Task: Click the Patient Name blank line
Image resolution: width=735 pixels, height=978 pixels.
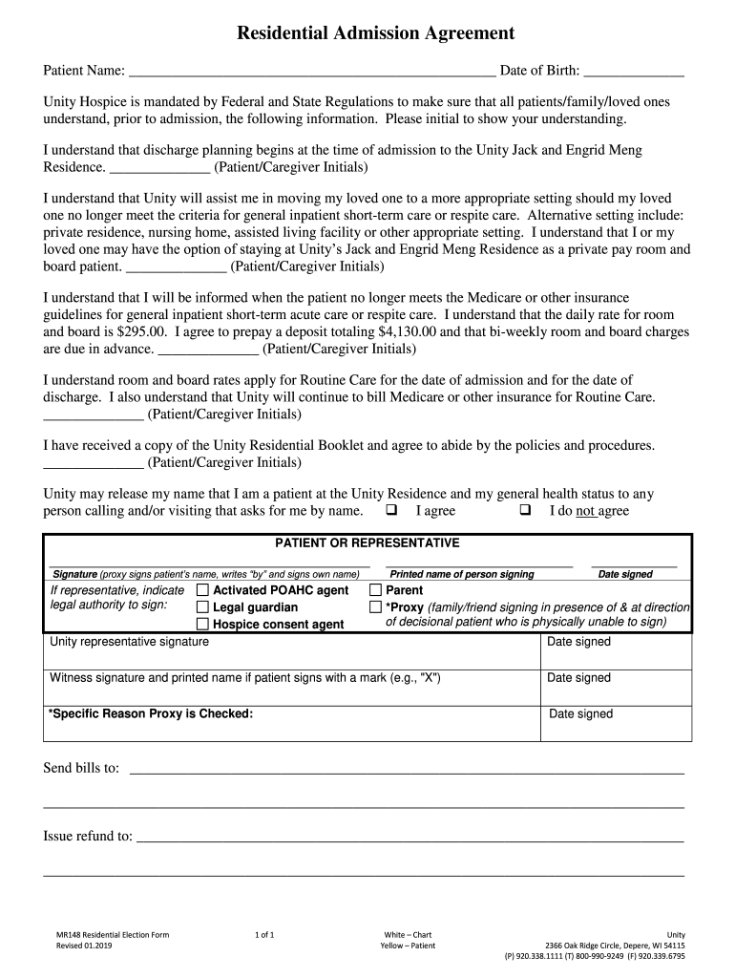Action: point(312,72)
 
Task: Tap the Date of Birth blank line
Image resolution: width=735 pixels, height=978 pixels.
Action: point(633,72)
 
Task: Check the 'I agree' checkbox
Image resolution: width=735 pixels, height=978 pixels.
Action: point(390,510)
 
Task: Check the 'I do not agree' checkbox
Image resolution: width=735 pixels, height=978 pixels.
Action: point(525,510)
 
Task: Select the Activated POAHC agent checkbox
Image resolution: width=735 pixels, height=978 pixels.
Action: point(202,591)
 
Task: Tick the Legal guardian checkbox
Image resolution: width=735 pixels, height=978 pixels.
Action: point(202,607)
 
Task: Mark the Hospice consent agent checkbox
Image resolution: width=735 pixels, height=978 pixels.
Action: point(202,625)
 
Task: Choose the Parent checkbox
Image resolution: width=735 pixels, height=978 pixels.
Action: point(375,591)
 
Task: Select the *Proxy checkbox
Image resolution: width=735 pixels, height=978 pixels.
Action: point(375,607)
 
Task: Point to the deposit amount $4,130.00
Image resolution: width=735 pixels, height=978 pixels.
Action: point(408,332)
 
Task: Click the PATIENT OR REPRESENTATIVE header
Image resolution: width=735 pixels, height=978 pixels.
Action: point(367,543)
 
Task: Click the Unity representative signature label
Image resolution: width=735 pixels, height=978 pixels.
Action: point(129,642)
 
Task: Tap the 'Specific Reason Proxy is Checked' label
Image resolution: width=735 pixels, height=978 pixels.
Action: point(150,713)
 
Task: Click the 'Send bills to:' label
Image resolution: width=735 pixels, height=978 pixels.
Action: point(81,768)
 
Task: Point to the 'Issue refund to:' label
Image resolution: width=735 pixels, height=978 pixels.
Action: point(88,837)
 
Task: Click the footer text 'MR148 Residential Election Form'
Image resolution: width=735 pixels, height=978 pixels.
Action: point(113,934)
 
